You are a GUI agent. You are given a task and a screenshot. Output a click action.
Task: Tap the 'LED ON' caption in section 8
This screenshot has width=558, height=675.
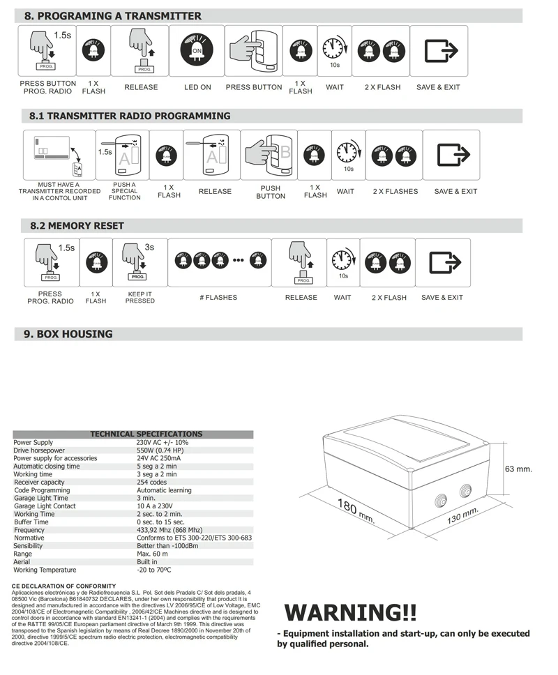pos(197,87)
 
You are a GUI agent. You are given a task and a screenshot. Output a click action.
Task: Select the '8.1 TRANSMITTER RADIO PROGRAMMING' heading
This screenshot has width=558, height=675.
pos(130,116)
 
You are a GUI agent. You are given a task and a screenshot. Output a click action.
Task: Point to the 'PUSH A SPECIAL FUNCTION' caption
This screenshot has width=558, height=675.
pos(124,191)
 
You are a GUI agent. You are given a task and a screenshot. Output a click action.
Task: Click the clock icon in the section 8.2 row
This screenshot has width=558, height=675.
pos(342,261)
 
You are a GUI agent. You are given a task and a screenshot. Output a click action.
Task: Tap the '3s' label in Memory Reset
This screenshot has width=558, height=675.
pos(149,247)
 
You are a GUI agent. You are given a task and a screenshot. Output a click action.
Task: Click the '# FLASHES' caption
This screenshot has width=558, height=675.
pos(218,298)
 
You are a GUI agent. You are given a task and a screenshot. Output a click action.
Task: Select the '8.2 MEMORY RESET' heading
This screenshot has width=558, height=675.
pos(77,226)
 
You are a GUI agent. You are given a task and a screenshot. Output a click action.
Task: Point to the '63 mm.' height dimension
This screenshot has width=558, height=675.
pos(518,469)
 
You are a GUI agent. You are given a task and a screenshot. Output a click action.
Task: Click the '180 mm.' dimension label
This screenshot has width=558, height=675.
pos(356,512)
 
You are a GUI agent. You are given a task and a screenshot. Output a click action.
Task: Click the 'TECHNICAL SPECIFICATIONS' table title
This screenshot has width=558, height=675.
pos(136,434)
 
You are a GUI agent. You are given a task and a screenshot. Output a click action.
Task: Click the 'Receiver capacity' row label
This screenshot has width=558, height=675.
pos(39,483)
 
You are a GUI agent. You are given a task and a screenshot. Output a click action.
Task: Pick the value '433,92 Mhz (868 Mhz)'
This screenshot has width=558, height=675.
pos(169,530)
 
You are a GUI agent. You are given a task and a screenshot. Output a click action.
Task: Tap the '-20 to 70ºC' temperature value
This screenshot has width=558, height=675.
pos(154,570)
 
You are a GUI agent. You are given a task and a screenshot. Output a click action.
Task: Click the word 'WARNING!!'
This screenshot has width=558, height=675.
pos(350,613)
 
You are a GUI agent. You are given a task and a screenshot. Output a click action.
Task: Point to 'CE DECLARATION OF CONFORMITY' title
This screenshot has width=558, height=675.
pos(64,586)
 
